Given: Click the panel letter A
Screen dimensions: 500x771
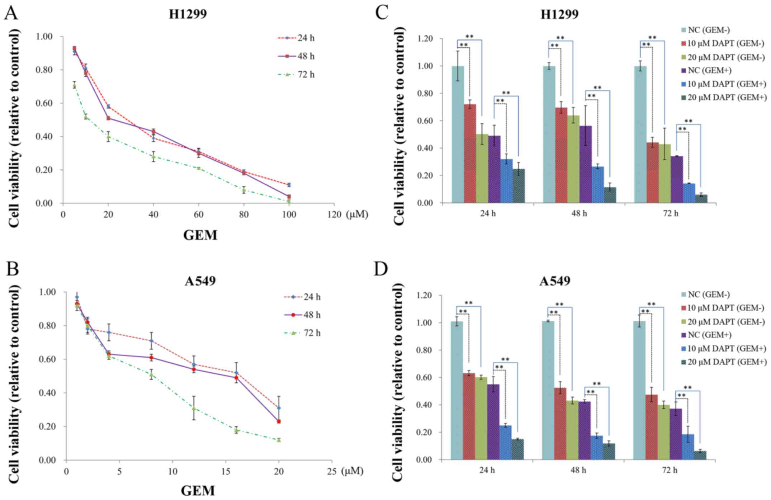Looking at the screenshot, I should point(11,14).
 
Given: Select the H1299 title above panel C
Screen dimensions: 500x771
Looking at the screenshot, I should point(559,14).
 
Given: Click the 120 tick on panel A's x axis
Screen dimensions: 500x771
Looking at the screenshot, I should point(334,215).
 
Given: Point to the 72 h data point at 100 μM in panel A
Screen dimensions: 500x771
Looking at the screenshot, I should point(289,202).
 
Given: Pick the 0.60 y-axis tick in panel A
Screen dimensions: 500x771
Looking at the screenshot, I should point(44,103).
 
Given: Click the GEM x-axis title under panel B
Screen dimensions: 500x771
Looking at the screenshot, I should point(198,491).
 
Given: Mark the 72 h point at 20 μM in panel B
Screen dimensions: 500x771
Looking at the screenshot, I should point(279,440).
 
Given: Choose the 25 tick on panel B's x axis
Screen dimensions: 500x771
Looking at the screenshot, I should point(332,471).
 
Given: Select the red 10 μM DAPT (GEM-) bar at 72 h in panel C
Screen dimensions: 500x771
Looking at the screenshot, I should point(653,173).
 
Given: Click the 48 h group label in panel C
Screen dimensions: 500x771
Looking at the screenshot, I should point(579,213).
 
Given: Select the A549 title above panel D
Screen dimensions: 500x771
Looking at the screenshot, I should point(555,281).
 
